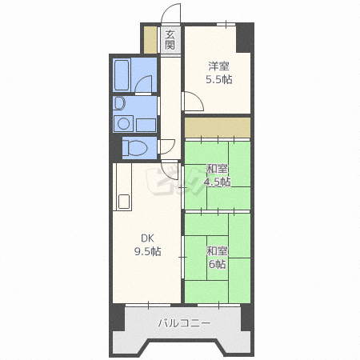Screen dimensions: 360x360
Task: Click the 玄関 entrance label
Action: [170, 40]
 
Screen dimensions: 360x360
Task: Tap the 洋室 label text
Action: [218, 66]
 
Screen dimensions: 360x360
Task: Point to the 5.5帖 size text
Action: [219, 79]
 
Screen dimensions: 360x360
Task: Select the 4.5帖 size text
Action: [218, 182]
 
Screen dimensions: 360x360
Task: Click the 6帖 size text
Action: [218, 264]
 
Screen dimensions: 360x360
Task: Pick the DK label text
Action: [147, 238]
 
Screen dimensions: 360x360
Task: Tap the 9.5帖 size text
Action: [147, 251]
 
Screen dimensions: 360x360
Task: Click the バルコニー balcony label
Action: [185, 323]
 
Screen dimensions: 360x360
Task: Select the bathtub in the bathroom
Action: [122, 75]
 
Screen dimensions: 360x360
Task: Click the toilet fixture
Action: [134, 147]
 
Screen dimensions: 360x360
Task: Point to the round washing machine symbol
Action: [123, 124]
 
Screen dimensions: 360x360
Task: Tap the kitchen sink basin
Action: [124, 202]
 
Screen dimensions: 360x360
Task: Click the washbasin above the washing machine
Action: [119, 103]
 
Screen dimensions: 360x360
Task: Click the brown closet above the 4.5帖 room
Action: [218, 128]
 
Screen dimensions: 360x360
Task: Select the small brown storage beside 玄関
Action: [150, 40]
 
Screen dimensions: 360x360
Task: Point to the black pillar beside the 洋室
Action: [245, 38]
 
